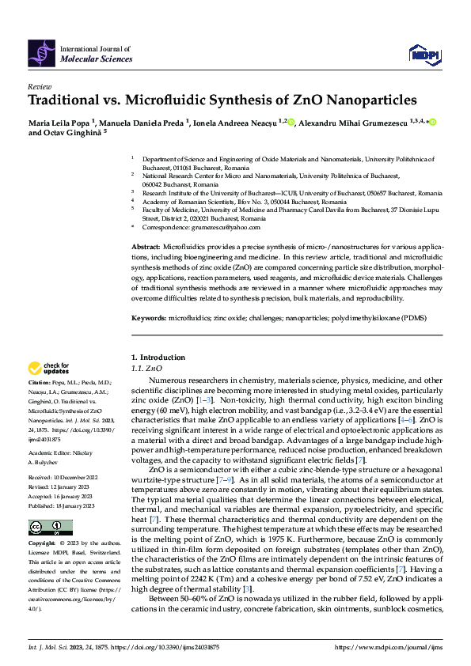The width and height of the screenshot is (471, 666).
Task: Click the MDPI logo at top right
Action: [x=425, y=54]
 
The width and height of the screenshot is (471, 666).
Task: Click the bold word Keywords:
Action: [x=149, y=318]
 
